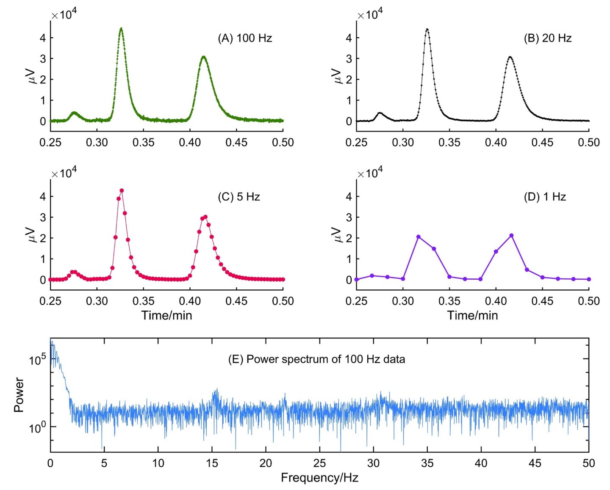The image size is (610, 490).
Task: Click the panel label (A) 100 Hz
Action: (x=245, y=38)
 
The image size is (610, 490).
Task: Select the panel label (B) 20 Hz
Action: (x=547, y=38)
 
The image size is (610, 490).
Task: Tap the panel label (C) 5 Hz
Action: (x=238, y=197)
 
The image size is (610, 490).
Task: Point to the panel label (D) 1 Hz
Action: (x=545, y=197)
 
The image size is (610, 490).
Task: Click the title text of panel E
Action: (x=316, y=359)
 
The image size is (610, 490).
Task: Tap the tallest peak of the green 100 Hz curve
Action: (x=121, y=29)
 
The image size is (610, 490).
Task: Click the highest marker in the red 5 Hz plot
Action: (x=122, y=190)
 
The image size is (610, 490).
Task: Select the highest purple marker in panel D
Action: (x=511, y=235)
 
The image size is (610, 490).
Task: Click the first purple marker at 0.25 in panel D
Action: (x=357, y=279)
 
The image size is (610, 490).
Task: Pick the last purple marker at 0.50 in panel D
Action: (x=589, y=279)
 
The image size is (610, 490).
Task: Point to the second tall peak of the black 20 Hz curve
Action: (x=510, y=57)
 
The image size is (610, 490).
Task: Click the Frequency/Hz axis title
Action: (x=319, y=478)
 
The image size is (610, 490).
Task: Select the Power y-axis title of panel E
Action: (x=19, y=395)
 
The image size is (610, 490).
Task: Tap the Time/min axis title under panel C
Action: (x=166, y=315)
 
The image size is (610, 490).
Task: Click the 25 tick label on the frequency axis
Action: (x=319, y=463)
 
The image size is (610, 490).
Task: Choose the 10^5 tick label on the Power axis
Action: (x=36, y=360)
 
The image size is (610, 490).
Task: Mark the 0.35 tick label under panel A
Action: (x=143, y=143)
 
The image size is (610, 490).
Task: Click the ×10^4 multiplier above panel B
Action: (x=370, y=15)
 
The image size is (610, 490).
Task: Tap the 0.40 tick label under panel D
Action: (x=496, y=301)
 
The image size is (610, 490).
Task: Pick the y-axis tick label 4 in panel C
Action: (x=43, y=196)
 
